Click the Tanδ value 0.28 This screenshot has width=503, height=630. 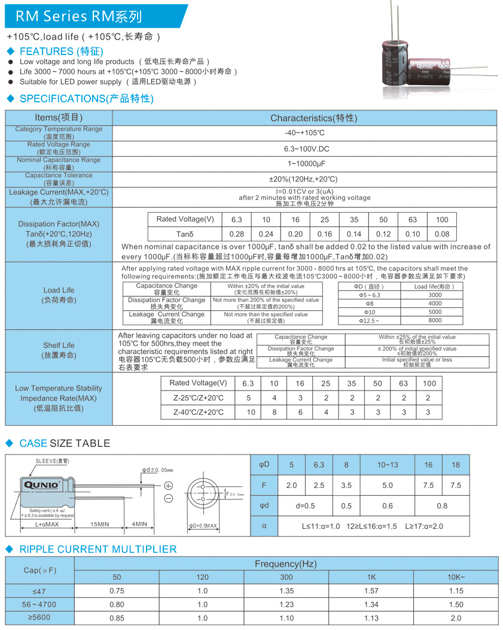pyautogui.click(x=237, y=234)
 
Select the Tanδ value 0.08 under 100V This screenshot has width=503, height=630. pyautogui.click(x=442, y=234)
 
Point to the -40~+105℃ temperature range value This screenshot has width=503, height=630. pyautogui.click(x=304, y=133)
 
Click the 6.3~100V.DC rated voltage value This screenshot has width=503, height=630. pyautogui.click(x=304, y=149)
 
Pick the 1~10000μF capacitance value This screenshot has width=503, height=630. pyautogui.click(x=304, y=163)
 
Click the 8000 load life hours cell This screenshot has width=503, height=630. pyautogui.click(x=435, y=320)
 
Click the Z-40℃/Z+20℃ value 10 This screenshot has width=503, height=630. pyautogui.click(x=251, y=412)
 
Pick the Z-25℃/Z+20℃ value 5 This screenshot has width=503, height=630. pyautogui.click(x=249, y=398)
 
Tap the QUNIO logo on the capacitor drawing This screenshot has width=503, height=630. pyautogui.click(x=41, y=484)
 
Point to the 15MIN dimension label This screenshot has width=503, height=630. pyautogui.click(x=100, y=524)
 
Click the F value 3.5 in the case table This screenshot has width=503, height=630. pyautogui.click(x=346, y=486)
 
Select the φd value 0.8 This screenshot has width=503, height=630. pyautogui.click(x=442, y=506)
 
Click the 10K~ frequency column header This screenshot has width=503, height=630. pyautogui.click(x=456, y=577)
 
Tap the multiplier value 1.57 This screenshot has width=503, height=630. pyautogui.click(x=371, y=591)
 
